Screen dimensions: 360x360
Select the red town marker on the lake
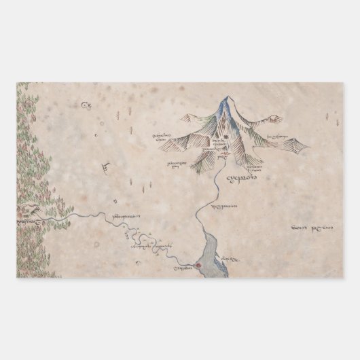[198, 265]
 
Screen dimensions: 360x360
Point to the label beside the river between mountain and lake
[224, 206]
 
